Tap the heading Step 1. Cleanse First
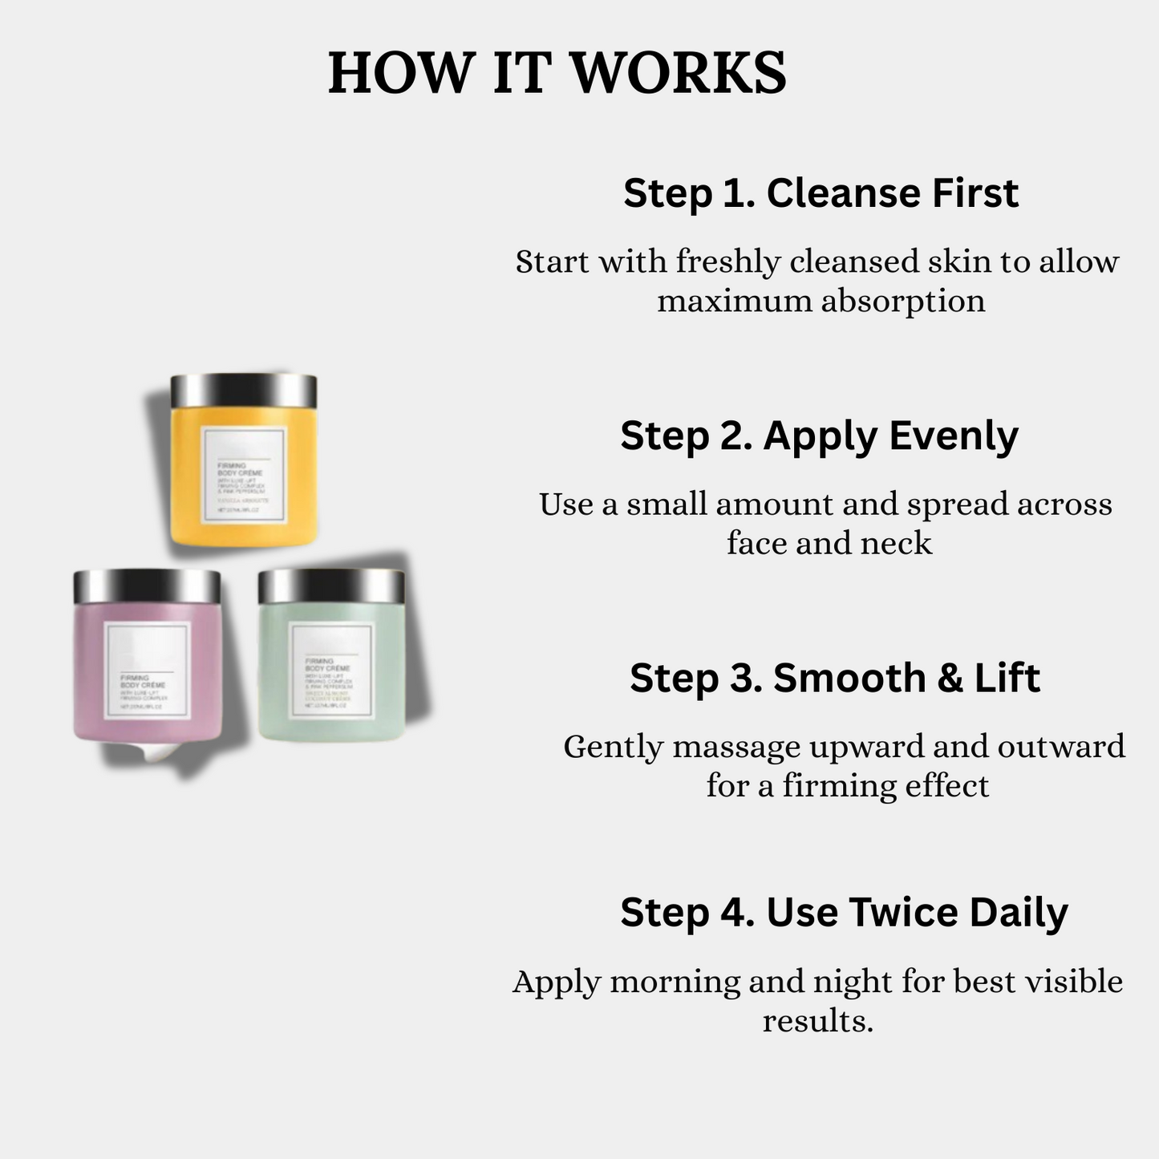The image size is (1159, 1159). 821,193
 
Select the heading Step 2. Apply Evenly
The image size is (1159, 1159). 819,436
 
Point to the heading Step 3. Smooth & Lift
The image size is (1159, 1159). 834,678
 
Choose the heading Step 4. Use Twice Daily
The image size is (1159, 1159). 844,912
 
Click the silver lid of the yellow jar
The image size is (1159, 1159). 244,391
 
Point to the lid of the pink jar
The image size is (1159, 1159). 147,586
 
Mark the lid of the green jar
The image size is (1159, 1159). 331,586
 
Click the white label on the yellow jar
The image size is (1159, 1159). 244,476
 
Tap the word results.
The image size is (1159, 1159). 817,1021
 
